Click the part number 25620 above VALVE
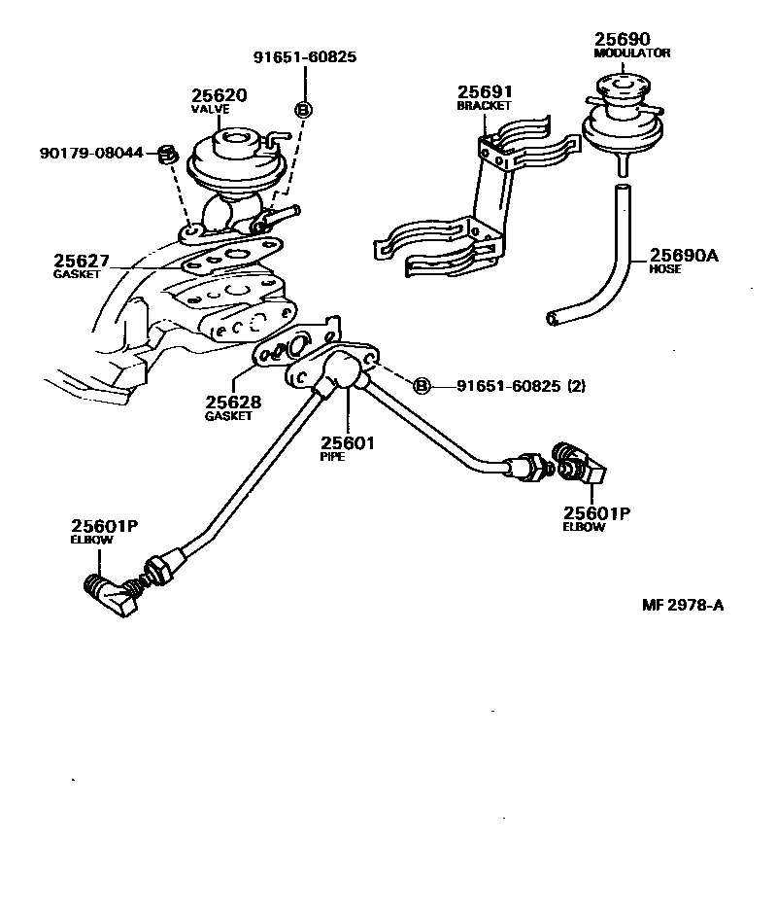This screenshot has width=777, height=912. (219, 95)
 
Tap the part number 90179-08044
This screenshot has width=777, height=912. (91, 154)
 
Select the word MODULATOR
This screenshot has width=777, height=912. (632, 53)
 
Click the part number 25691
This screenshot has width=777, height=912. (486, 92)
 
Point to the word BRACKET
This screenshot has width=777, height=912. (485, 105)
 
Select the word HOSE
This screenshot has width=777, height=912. (664, 269)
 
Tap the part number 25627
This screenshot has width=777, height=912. (82, 262)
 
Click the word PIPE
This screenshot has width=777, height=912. (333, 456)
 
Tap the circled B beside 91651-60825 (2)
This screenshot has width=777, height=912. (422, 386)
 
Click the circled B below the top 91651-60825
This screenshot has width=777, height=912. (303, 110)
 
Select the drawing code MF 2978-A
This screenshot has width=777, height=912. (683, 605)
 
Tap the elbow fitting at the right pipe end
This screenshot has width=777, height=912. (580, 465)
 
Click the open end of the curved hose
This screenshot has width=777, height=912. (553, 317)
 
